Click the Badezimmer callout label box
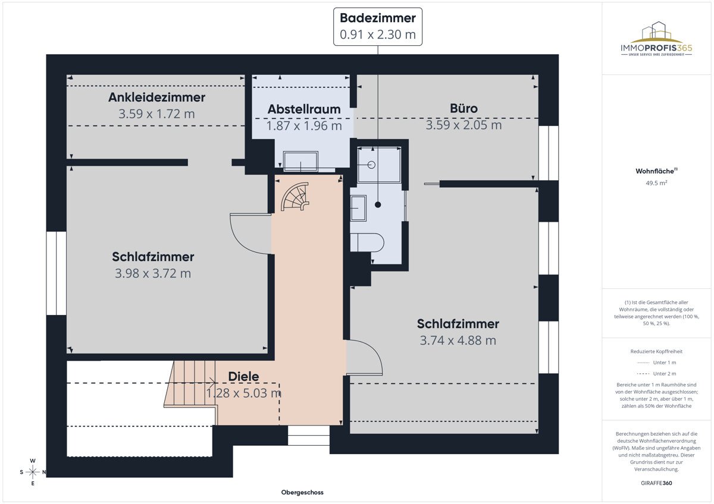tap(377, 27)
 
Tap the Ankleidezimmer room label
tap(156, 97)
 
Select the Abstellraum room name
tap(303, 109)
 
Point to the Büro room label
tap(464, 109)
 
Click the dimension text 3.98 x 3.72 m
tap(153, 273)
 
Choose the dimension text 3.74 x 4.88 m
tap(458, 341)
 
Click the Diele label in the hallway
tap(243, 376)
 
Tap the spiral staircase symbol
tap(296, 197)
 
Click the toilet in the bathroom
tap(369, 242)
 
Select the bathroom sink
tap(359, 208)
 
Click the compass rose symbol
tap(33, 472)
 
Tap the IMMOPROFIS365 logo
tap(656, 40)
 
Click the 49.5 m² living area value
tap(656, 184)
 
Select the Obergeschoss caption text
tap(302, 493)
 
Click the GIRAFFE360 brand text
tap(656, 483)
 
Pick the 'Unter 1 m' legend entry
tap(656, 362)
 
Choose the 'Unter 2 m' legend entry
tap(656, 373)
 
